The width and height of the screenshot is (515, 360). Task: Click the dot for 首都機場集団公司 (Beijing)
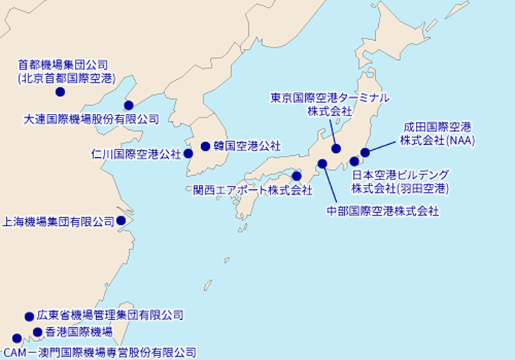click(60, 92)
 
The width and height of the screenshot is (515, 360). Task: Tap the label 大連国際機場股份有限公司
click(91, 119)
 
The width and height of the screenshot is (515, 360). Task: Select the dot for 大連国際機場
click(129, 105)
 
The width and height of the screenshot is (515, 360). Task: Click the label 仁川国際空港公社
click(136, 153)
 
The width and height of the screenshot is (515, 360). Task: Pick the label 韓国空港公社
click(247, 147)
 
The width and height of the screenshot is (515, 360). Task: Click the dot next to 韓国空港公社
click(206, 147)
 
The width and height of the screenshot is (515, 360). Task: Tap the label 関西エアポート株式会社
click(253, 191)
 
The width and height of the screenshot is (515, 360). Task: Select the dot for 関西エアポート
click(296, 176)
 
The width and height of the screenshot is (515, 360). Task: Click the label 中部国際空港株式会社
click(383, 212)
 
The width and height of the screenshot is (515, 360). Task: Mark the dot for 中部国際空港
click(322, 164)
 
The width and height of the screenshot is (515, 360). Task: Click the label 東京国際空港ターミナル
click(329, 98)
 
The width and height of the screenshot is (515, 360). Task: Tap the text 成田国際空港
click(437, 127)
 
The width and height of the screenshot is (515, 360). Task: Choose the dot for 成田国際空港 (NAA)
click(365, 152)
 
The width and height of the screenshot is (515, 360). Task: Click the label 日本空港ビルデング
click(400, 175)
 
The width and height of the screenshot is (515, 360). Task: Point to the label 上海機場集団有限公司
click(59, 221)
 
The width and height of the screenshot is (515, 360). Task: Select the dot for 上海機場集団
click(121, 220)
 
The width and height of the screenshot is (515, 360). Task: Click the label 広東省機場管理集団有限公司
click(110, 315)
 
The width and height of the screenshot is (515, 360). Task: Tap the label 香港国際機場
click(79, 332)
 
